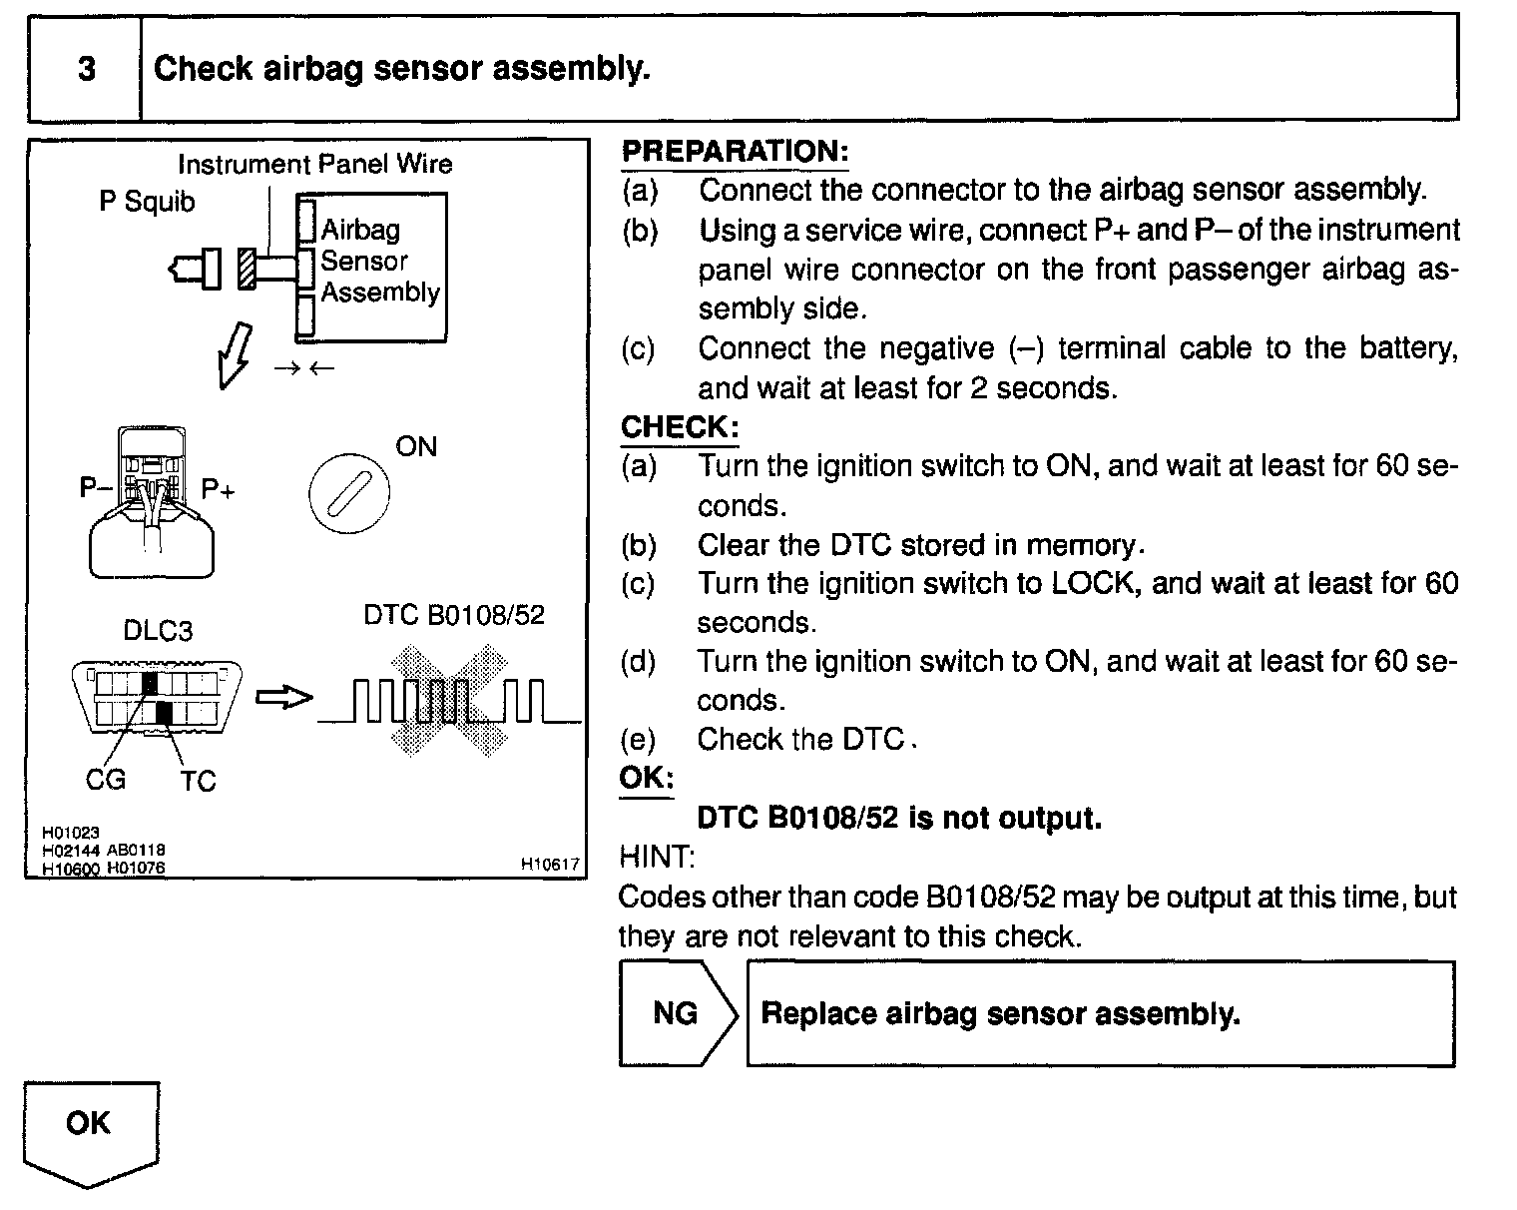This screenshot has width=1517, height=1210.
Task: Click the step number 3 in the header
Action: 87,69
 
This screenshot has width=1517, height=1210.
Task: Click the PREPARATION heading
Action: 735,152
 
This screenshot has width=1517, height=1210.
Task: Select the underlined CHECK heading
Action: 680,427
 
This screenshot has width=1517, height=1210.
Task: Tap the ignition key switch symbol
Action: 349,493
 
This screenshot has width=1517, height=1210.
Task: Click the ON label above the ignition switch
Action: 416,446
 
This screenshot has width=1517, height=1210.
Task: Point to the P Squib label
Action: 147,202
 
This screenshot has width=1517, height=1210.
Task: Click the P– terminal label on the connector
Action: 97,487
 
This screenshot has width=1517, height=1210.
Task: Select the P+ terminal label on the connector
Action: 218,489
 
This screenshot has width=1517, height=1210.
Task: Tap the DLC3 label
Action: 158,631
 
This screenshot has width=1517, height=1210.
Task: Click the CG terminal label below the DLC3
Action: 105,779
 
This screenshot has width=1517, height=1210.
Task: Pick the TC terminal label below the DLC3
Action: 198,781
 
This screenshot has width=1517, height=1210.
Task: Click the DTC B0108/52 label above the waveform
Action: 454,615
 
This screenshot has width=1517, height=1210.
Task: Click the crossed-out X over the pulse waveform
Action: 449,698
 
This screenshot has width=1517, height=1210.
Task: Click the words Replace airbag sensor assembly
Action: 1000,1014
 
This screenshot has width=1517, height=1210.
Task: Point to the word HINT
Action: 657,857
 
